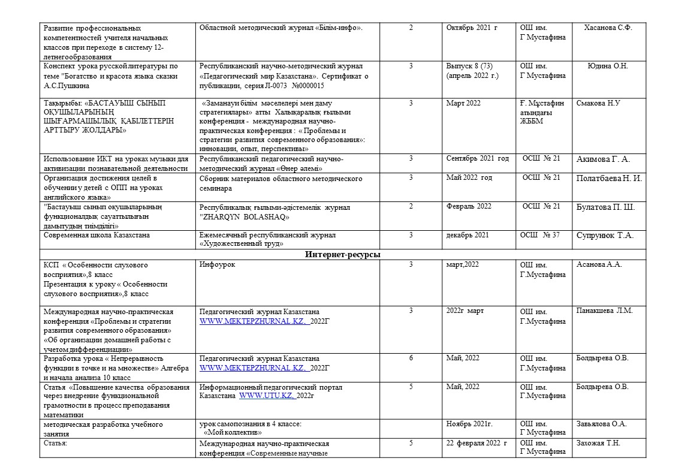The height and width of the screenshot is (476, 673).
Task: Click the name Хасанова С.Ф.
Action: coord(608,28)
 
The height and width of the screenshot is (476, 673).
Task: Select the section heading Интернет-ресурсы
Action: coord(343,255)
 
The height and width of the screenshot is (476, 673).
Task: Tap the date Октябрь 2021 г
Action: coord(472,28)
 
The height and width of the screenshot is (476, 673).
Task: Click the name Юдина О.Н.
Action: coord(608,66)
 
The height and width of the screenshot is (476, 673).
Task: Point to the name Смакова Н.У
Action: coord(598,103)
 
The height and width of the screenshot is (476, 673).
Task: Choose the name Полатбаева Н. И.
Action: coord(609,178)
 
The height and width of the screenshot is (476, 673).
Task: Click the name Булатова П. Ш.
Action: coord(605,207)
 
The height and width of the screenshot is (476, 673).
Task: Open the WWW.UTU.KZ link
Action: coord(266,396)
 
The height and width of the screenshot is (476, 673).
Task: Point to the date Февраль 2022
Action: coord(469,206)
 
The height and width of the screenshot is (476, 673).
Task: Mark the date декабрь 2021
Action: coord(467,235)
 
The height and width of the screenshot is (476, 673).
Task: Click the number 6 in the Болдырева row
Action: coord(411,358)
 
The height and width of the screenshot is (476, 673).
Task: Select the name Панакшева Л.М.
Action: coord(604,311)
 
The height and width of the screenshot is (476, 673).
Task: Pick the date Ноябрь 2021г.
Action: coord(469,424)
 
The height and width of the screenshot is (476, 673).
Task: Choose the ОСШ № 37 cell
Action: coord(541,235)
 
